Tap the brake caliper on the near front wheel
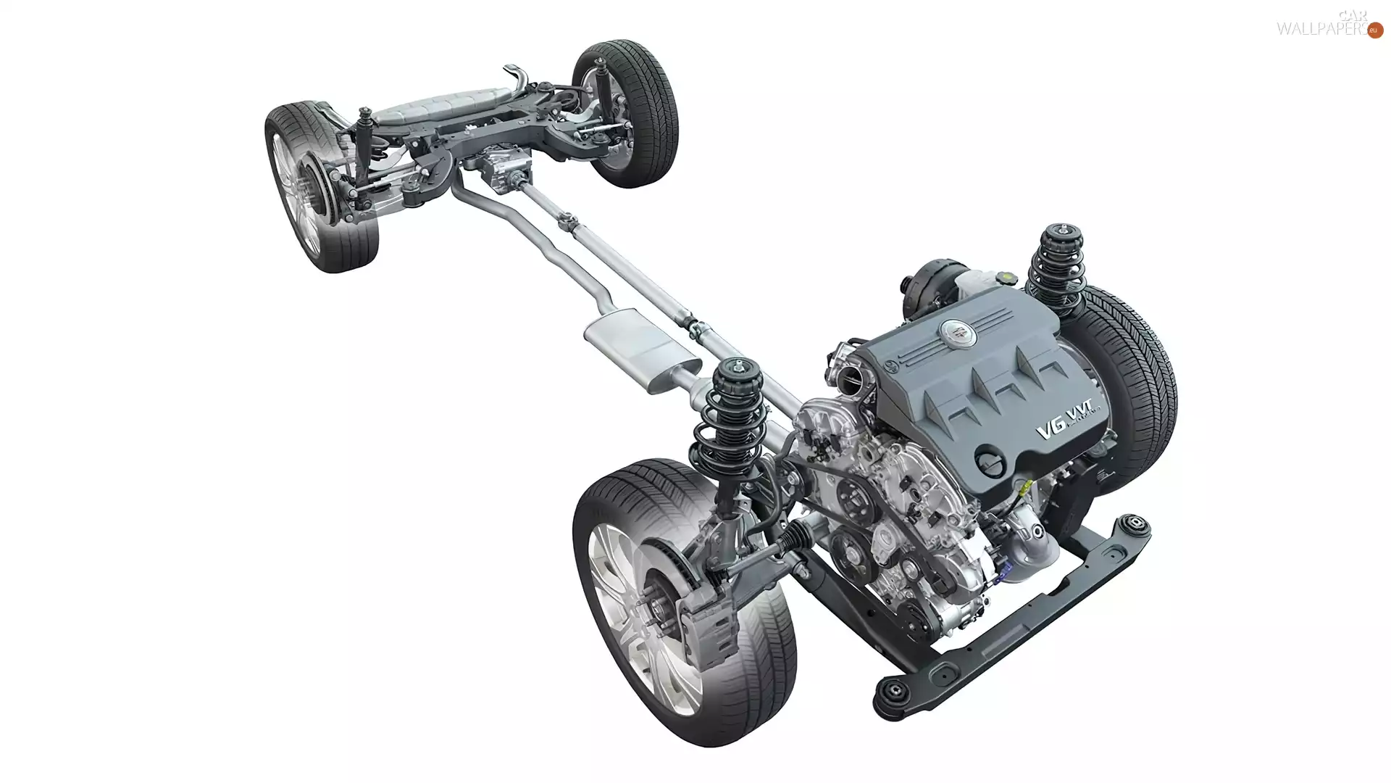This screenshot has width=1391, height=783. pos(706,623)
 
